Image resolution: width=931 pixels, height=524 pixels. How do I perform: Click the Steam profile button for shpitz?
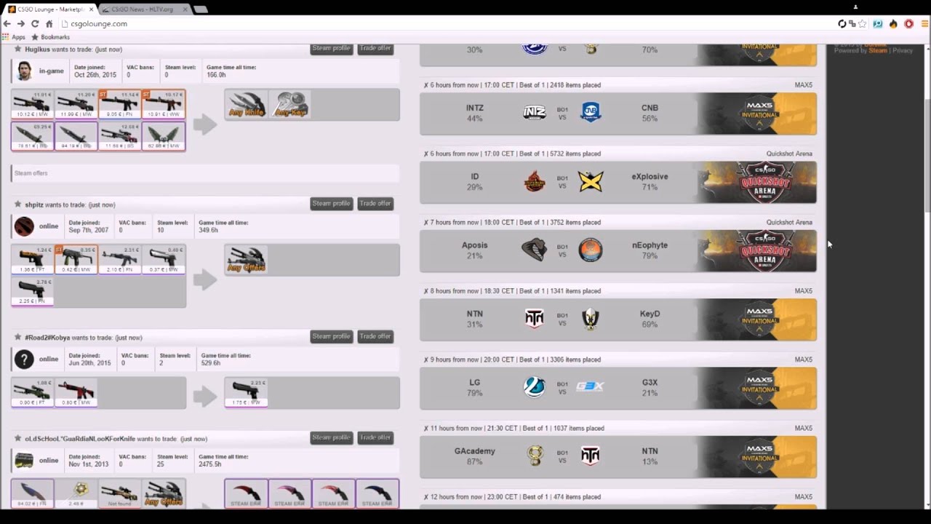pos(331,204)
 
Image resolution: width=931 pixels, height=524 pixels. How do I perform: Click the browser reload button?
pos(35,24)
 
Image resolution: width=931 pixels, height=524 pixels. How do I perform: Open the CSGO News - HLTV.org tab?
pos(143,9)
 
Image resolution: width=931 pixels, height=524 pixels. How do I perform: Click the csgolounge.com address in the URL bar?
pos(99,24)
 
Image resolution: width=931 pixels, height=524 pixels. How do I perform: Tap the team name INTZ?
pos(474,108)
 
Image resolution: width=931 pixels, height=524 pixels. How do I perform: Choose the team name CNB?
pos(650,108)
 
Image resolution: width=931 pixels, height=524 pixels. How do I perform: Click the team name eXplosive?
pos(650,176)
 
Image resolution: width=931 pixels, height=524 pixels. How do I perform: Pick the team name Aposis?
pos(474,245)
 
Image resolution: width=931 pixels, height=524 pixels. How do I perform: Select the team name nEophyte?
pos(650,245)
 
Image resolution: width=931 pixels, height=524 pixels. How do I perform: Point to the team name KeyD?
pos(650,314)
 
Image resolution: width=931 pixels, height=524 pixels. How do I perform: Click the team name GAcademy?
pos(474,451)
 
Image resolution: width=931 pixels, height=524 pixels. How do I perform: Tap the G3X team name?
pos(650,382)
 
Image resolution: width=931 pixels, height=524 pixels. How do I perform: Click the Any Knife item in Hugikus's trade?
pos(247,105)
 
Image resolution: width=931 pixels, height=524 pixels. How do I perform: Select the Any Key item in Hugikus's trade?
pos(290,105)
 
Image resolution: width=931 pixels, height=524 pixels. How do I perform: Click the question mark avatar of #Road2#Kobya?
pos(24,359)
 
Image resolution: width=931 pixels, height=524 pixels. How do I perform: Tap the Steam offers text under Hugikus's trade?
pos(31,173)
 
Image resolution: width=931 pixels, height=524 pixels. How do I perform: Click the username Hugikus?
pos(37,49)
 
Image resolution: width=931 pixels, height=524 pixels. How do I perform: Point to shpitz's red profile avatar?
pos(24,226)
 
